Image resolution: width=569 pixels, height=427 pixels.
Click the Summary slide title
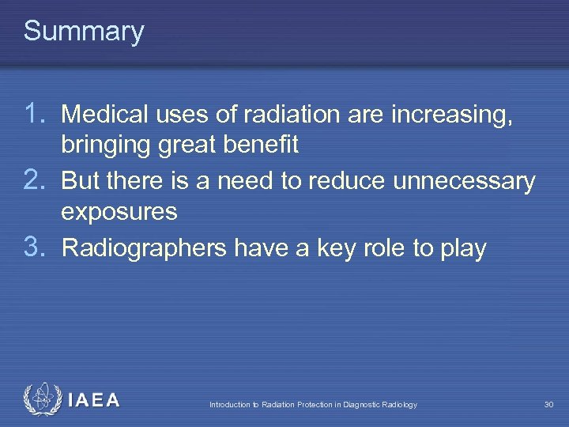(84, 32)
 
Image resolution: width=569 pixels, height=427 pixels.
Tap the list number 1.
(36, 115)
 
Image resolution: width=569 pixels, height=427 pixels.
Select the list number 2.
(36, 181)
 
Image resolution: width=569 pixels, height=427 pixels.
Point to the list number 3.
(36, 248)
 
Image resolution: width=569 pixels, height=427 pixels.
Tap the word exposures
(119, 213)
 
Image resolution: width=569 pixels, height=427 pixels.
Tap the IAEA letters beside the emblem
(94, 400)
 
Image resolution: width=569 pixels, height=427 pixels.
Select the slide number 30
(548, 405)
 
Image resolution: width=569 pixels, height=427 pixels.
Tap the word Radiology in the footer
(400, 405)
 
